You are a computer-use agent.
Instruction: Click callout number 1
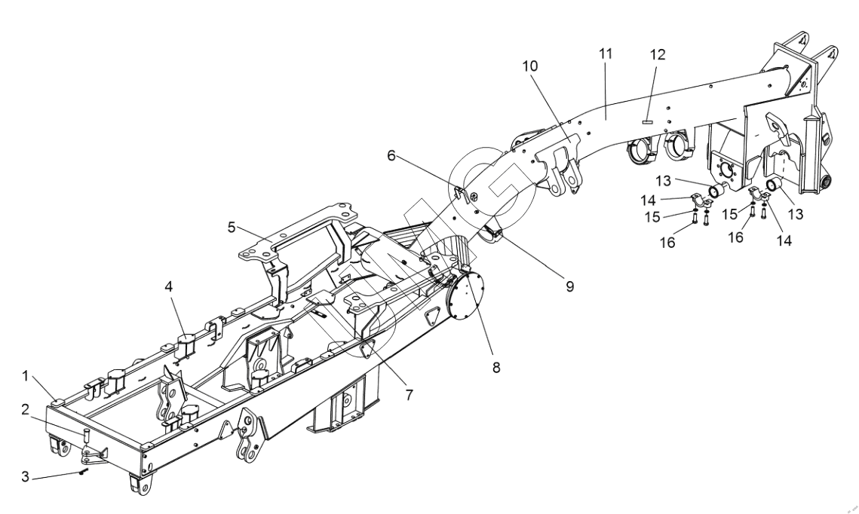click(x=25, y=376)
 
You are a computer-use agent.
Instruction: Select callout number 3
click(x=25, y=476)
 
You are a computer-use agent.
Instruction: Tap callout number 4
click(x=169, y=286)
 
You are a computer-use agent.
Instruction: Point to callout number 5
click(x=232, y=227)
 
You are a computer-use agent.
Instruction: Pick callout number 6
click(x=391, y=155)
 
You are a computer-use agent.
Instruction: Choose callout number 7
click(x=410, y=395)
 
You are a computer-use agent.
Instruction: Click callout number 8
click(x=496, y=367)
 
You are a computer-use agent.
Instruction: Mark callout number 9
click(x=569, y=286)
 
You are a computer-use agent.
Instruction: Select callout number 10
click(x=529, y=66)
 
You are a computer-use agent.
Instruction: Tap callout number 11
click(x=605, y=54)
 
